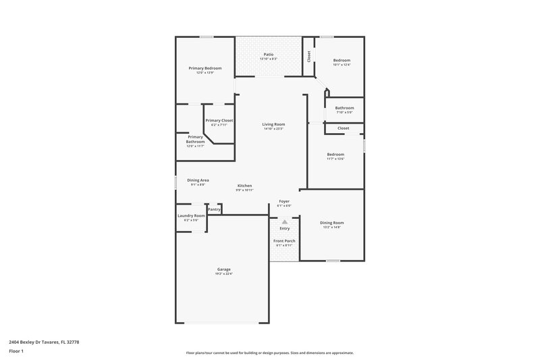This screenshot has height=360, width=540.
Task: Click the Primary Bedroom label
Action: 204,68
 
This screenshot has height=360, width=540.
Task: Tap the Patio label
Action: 269,55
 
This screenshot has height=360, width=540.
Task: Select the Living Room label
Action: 273,124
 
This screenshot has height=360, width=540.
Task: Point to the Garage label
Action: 224,269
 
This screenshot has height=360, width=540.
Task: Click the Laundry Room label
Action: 191,216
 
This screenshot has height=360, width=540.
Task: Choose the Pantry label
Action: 214,209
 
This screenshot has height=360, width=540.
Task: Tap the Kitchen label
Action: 244,186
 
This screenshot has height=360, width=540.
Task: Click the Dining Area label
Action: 198,180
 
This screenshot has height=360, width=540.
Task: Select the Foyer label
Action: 284,201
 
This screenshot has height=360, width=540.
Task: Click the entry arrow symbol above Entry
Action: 285,221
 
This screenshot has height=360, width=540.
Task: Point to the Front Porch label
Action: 284,241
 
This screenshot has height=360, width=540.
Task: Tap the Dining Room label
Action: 331,223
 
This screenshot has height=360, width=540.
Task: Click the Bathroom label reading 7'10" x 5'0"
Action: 344,108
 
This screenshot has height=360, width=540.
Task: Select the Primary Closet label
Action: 219,120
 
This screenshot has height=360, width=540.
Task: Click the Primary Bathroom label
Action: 195,139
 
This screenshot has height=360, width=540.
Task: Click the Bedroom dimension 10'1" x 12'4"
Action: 342,65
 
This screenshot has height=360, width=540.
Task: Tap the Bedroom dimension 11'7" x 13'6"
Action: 335,159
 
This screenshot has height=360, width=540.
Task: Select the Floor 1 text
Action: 16,351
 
